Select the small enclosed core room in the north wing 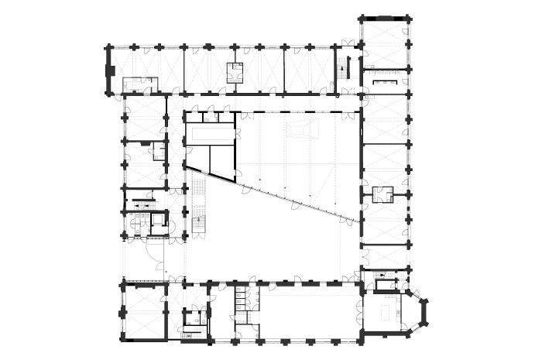[235, 72]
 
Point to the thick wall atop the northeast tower [384, 18]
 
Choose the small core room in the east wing [383, 194]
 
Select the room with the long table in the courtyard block [210, 134]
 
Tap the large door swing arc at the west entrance [153, 252]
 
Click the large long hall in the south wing [310, 310]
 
